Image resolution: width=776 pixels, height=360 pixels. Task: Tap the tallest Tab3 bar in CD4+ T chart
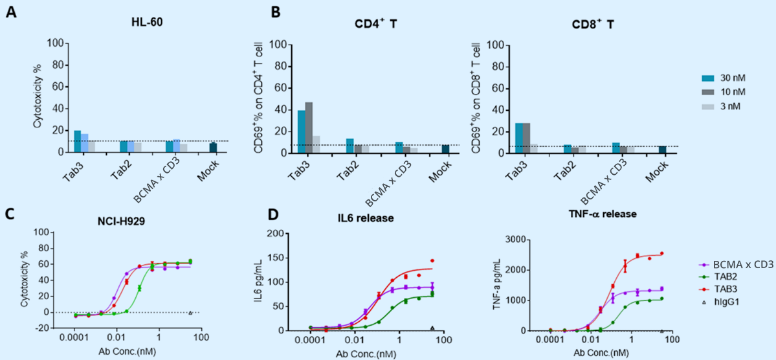point(309,127)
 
